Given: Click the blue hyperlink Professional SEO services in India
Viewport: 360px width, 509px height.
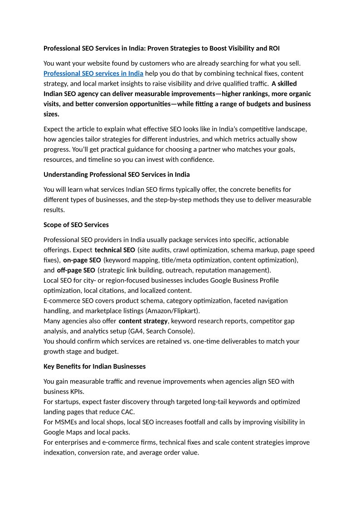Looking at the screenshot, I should pos(93,73).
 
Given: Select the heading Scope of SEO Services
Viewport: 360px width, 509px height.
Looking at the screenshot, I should pos(76,225).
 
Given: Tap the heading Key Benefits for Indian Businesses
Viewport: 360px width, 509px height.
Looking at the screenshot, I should pos(94,366).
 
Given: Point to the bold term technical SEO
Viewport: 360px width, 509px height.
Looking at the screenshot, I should pos(115,250).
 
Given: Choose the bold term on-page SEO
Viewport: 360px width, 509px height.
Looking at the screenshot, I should pos(82,260).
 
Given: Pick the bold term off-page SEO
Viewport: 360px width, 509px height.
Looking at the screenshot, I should pos(76,270).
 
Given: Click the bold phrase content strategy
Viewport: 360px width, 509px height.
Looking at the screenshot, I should pos(143,321).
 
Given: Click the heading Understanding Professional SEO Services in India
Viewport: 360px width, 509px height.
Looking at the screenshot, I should pos(117,175).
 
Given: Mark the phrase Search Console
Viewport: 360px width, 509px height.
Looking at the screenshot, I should pos(175,331).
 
